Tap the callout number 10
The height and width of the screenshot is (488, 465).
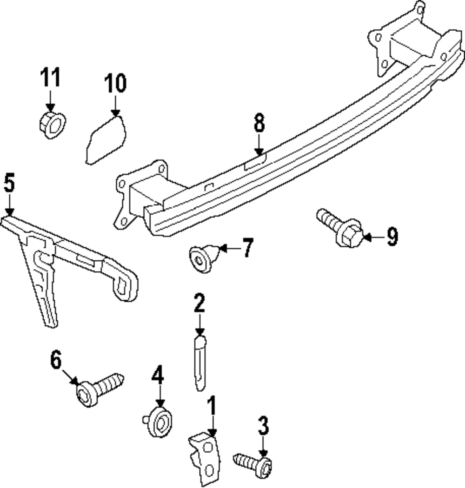115,83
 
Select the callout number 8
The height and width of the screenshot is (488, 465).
259,123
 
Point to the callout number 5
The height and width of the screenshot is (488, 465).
9,183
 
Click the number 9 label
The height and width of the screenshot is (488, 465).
392,237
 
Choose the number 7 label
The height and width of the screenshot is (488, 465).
248,248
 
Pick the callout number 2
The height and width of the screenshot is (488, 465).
199,303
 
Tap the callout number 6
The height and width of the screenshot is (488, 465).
56,360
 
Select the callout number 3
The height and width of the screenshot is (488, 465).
263,426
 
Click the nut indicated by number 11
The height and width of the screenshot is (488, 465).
53,125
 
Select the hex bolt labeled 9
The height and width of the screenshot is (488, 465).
340,229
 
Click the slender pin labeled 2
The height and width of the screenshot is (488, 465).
199,363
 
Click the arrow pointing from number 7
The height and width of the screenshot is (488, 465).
231,248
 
